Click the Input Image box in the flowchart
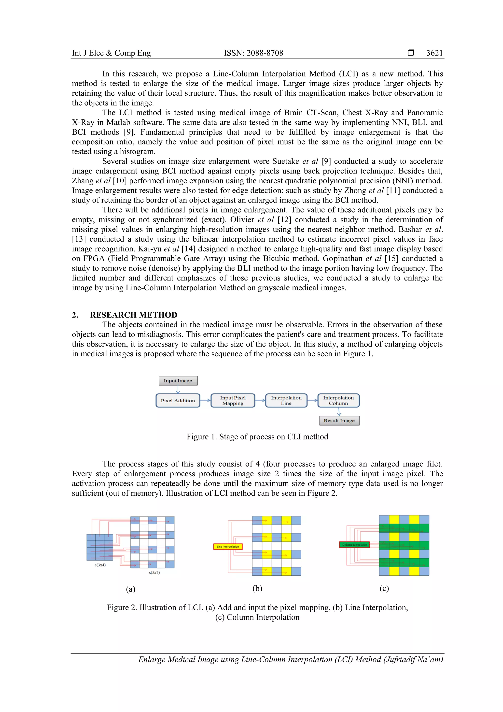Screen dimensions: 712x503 [x=178, y=380]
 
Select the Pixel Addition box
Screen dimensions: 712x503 [x=178, y=400]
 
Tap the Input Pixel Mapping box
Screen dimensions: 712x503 [x=233, y=400]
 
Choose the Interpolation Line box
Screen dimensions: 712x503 [x=286, y=400]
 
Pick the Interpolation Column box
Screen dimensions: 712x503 [x=338, y=400]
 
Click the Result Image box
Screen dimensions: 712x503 [x=339, y=421]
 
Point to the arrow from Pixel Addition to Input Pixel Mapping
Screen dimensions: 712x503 [x=205, y=400]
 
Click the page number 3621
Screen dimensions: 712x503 [x=434, y=53]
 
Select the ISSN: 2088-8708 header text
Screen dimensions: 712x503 [x=253, y=53]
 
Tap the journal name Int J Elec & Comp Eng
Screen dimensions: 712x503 [x=111, y=53]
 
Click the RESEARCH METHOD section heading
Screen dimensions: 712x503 [x=134, y=315]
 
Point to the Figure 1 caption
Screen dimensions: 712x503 [x=257, y=437]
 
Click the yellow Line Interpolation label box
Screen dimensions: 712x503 [x=228, y=547]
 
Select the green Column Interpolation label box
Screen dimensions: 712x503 [x=355, y=545]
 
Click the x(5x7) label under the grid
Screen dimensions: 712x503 [x=154, y=572]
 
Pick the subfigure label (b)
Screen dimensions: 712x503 [x=257, y=588]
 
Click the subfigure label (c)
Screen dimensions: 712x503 [x=384, y=588]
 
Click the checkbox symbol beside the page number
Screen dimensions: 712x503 [x=411, y=53]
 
